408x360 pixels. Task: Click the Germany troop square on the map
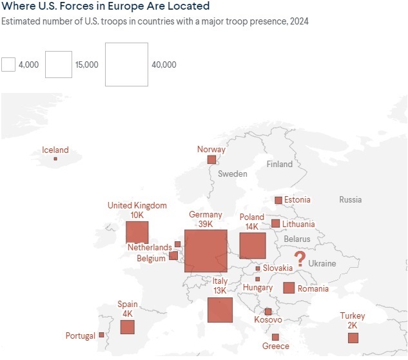(x=206, y=251)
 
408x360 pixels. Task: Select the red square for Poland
(x=253, y=246)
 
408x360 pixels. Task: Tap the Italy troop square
(x=220, y=310)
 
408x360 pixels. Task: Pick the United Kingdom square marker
(x=137, y=232)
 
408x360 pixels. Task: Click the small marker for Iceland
(x=55, y=159)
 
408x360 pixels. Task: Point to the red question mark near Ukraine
(x=300, y=260)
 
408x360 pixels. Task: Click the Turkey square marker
(x=353, y=338)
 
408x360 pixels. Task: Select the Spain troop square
(x=127, y=326)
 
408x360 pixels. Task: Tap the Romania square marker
(x=289, y=288)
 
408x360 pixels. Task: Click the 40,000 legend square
(x=126, y=65)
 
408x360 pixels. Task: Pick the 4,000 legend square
(x=8, y=65)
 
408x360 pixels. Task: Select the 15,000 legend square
(x=59, y=65)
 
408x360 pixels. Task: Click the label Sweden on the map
(x=233, y=174)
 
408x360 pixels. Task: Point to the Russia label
(x=351, y=200)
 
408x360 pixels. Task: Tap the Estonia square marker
(x=278, y=200)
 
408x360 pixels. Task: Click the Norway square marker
(x=211, y=159)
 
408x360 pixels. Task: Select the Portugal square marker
(x=101, y=335)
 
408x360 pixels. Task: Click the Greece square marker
(x=275, y=337)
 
